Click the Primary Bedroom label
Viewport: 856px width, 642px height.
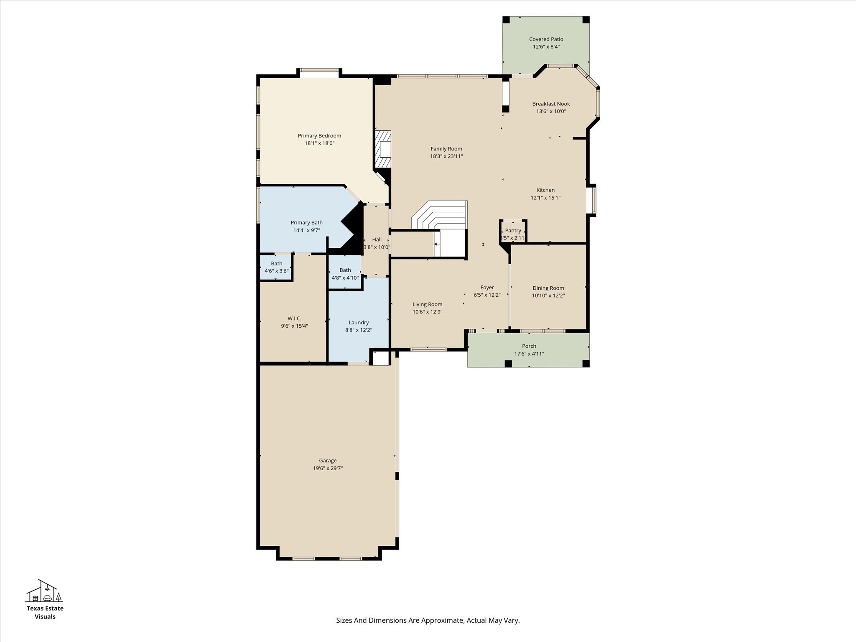[319, 135]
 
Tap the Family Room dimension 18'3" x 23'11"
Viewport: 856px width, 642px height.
[446, 156]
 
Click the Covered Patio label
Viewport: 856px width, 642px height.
[546, 39]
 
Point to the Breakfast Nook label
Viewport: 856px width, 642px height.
[551, 104]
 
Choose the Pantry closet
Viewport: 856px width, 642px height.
[513, 231]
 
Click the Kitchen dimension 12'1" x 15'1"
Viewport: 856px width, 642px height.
[545, 198]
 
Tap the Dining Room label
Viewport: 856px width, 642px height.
[548, 288]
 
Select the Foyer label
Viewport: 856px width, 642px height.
[487, 288]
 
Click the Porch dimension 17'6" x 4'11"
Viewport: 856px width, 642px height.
[529, 354]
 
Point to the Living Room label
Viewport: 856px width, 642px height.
[427, 304]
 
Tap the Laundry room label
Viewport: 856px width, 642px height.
[359, 322]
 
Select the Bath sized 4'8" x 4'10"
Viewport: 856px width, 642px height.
[345, 274]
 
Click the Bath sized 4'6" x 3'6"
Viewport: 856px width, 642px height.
[276, 267]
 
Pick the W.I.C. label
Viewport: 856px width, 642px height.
[294, 318]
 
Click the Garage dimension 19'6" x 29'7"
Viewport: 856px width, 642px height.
[328, 468]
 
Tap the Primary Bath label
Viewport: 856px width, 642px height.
[306, 223]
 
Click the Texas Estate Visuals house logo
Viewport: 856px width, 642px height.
[44, 591]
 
